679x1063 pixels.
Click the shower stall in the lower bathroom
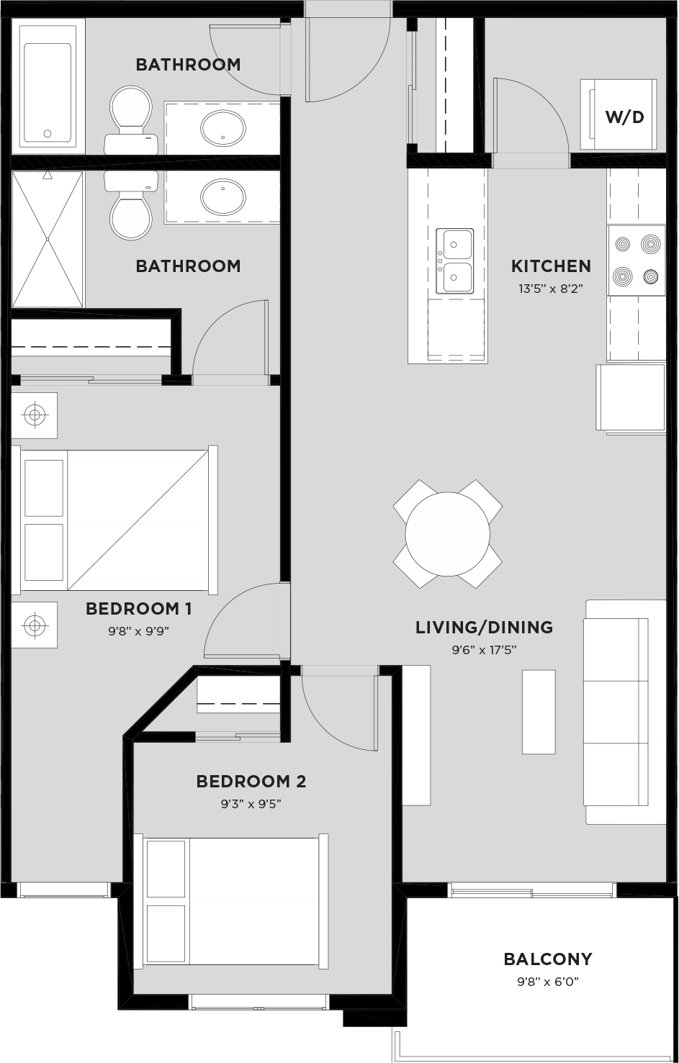[x=48, y=239]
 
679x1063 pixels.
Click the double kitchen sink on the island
[x=455, y=261]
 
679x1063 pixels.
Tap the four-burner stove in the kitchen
[x=636, y=260]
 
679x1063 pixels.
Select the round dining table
[x=447, y=533]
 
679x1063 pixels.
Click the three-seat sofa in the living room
[x=624, y=711]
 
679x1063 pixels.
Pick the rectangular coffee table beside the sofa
[x=539, y=711]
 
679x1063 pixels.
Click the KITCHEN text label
[x=551, y=266]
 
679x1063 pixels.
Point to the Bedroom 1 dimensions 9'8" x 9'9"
[x=138, y=631]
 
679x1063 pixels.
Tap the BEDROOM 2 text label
[x=251, y=782]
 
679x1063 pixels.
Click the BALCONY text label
[x=547, y=959]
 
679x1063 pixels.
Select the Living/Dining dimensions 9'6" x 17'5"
[x=484, y=650]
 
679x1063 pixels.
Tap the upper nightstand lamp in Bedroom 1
[x=34, y=415]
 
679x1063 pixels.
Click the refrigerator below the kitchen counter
[x=630, y=398]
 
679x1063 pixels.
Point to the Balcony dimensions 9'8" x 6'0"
[x=547, y=981]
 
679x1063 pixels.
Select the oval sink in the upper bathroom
[x=222, y=129]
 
